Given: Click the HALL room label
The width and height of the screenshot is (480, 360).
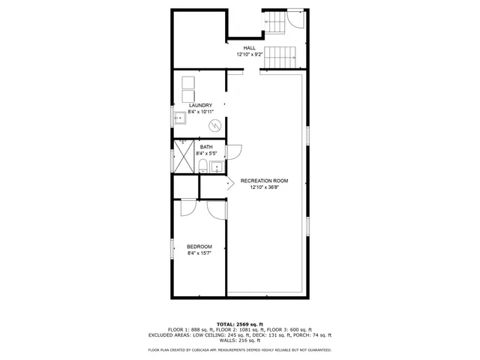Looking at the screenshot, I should click(248, 48).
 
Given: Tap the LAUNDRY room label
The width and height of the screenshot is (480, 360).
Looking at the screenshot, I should click(200, 105).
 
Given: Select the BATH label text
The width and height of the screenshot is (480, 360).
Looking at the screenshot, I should click(205, 147).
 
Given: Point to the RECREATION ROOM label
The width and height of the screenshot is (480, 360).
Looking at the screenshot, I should click(264, 181).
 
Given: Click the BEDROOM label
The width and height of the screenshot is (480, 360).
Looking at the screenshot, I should click(199, 247).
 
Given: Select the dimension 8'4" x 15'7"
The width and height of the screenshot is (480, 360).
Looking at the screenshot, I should click(199, 253).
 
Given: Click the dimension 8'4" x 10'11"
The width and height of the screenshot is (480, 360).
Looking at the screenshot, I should click(200, 112).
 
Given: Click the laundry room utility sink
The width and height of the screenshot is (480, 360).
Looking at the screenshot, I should click(180, 118).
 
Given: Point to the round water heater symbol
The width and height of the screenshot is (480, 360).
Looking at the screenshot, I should click(214, 125).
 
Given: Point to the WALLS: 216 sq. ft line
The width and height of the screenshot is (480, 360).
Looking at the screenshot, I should click(239, 342).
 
